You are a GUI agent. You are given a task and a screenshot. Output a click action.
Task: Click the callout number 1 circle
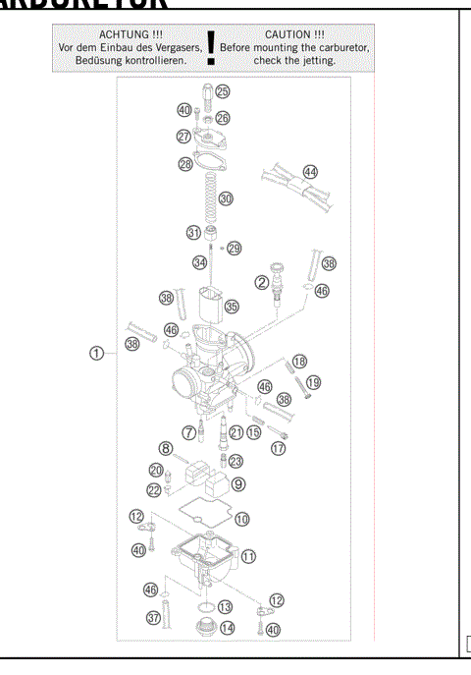(96, 354)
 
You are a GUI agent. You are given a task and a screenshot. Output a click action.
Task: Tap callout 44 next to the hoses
(310, 172)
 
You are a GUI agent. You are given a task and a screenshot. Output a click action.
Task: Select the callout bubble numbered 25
(223, 91)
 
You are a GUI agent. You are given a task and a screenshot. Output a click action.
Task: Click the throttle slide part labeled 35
(208, 306)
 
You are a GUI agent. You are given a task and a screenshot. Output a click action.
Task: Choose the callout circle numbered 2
(263, 283)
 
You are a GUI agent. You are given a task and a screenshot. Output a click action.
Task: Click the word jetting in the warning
(320, 60)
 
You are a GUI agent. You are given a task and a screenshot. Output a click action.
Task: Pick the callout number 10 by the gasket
(241, 518)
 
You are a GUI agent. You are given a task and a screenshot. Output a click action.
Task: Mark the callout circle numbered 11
(249, 556)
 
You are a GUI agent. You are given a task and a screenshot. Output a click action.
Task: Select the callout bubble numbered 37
(153, 617)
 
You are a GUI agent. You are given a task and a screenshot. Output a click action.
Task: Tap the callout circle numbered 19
(313, 382)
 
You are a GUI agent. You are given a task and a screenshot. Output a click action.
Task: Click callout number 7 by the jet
(188, 431)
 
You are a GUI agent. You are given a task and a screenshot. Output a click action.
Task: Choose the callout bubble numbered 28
(185, 164)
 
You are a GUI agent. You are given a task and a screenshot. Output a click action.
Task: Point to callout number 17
(278, 447)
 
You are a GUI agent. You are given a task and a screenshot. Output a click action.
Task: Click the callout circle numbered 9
(238, 483)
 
